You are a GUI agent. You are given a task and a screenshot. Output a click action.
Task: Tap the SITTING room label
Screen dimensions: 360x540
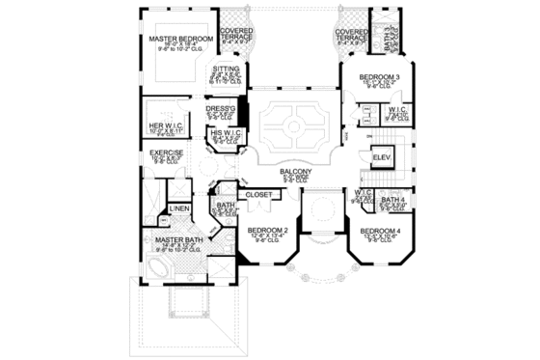pos(225,69)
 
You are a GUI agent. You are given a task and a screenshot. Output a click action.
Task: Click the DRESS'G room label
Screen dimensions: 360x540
pos(221,109)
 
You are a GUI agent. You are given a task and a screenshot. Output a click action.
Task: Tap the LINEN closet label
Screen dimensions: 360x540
pos(178,208)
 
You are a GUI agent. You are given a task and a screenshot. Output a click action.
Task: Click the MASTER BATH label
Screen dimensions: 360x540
pos(175,239)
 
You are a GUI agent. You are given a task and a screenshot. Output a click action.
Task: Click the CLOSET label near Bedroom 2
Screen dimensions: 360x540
pos(258,194)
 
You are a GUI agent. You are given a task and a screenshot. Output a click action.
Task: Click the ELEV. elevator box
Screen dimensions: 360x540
pos(381,156)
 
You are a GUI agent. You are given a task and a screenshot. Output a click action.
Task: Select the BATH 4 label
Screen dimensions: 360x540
pos(391,200)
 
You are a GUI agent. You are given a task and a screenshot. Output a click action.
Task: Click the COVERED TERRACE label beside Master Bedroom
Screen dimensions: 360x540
pos(236,32)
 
